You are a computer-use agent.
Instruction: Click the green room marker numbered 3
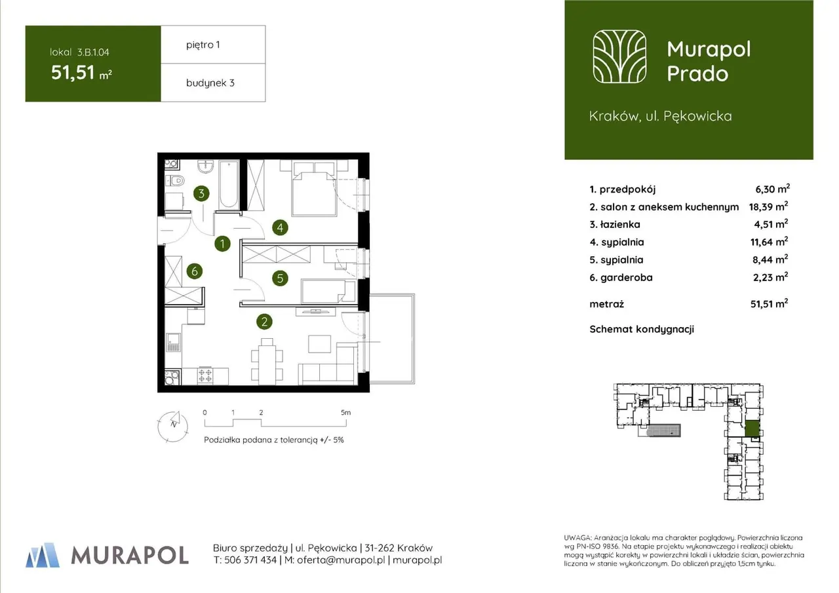(201, 193)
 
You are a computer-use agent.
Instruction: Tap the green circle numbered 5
(280, 278)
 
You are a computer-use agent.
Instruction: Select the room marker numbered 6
(195, 271)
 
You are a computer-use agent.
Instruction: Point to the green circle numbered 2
(264, 322)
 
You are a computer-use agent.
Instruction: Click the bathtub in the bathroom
(229, 185)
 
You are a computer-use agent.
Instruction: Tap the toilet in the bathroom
(175, 181)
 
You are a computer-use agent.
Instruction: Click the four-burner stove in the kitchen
(205, 375)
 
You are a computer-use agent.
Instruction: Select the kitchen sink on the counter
(173, 343)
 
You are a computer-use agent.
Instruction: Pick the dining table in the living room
(267, 362)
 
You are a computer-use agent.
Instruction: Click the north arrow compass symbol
(173, 427)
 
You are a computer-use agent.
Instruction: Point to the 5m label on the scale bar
(345, 413)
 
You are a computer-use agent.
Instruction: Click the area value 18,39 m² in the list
(768, 206)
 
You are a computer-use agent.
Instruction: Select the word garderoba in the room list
(627, 278)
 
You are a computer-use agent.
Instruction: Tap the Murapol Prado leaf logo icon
(619, 56)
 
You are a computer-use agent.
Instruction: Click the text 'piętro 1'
(203, 45)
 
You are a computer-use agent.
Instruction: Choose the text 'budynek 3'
(210, 83)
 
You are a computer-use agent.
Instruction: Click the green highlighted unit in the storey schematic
(752, 429)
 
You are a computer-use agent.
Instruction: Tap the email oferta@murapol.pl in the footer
(341, 560)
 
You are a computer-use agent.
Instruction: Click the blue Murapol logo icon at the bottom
(43, 555)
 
